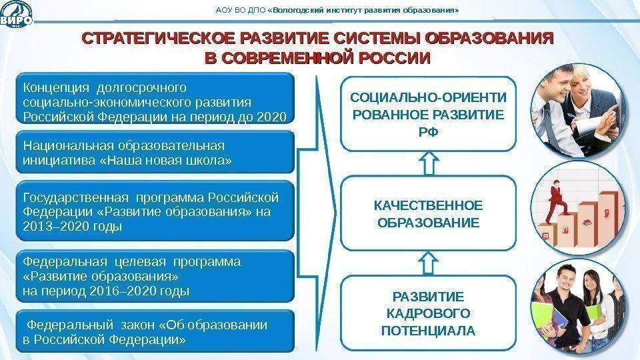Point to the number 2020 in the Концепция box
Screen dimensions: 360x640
(275, 116)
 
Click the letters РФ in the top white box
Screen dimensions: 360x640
(429, 132)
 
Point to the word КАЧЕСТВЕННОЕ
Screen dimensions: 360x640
(428, 205)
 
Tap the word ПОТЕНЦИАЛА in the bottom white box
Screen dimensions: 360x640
(428, 330)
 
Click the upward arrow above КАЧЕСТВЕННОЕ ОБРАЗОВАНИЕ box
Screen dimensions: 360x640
(430, 163)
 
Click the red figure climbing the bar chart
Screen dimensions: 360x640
(555, 200)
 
